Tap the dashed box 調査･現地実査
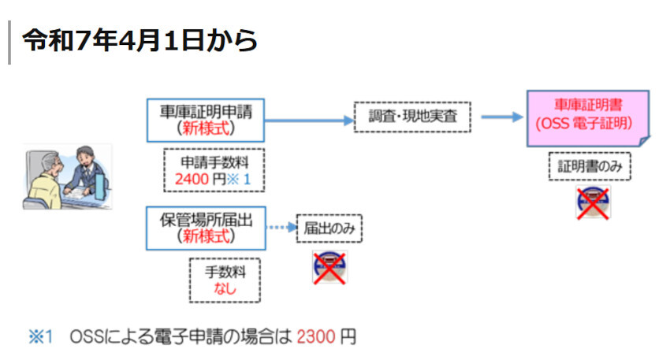tap(411, 118)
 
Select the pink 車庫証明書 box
tap(586, 117)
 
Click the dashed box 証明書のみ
tap(590, 167)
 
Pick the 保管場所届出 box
tap(207, 227)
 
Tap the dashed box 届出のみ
tap(329, 228)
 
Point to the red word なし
tap(225, 288)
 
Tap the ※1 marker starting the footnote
tap(40, 337)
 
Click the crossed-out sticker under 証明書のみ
tap(594, 203)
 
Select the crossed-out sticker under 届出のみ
tap(329, 267)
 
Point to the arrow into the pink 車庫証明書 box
tap(501, 117)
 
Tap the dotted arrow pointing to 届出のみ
tap(281, 228)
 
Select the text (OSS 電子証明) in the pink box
tap(586, 124)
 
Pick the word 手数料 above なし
tap(225, 273)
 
